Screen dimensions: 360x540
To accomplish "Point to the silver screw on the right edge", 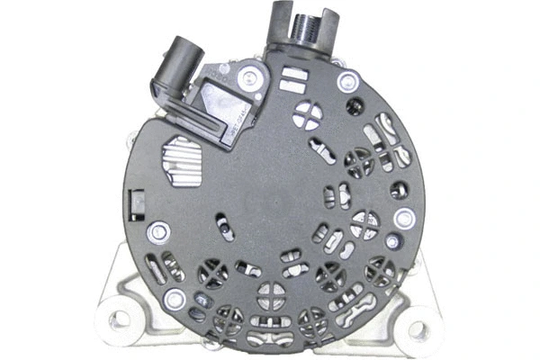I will pyautogui.click(x=404, y=217).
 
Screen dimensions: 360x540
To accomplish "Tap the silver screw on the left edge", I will pyautogui.click(x=158, y=231).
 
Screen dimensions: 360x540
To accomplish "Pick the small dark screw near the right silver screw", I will pyautogui.click(x=392, y=241).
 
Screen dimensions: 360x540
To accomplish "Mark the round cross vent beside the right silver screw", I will pyautogui.click(x=365, y=221).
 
